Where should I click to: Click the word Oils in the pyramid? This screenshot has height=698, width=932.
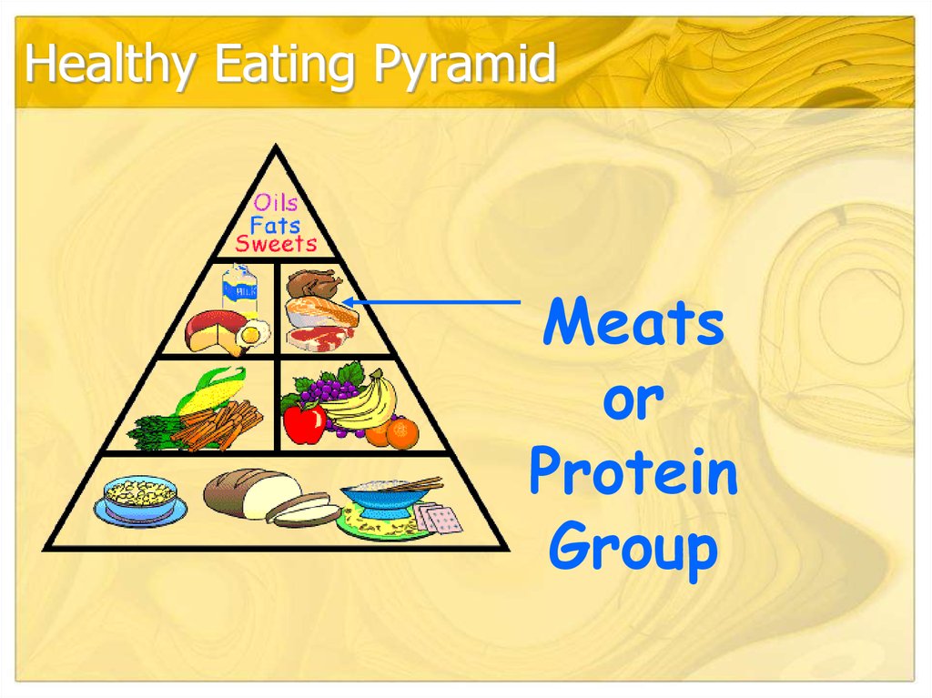275,202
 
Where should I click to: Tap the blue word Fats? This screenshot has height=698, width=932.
275,223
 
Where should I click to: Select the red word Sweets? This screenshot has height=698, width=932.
276,244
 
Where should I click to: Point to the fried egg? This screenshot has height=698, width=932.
251,334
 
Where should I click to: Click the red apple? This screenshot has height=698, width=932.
304,422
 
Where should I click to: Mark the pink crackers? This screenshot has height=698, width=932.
440,519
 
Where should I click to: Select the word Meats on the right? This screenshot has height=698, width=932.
633,325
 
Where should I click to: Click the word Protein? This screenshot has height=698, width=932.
633,474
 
